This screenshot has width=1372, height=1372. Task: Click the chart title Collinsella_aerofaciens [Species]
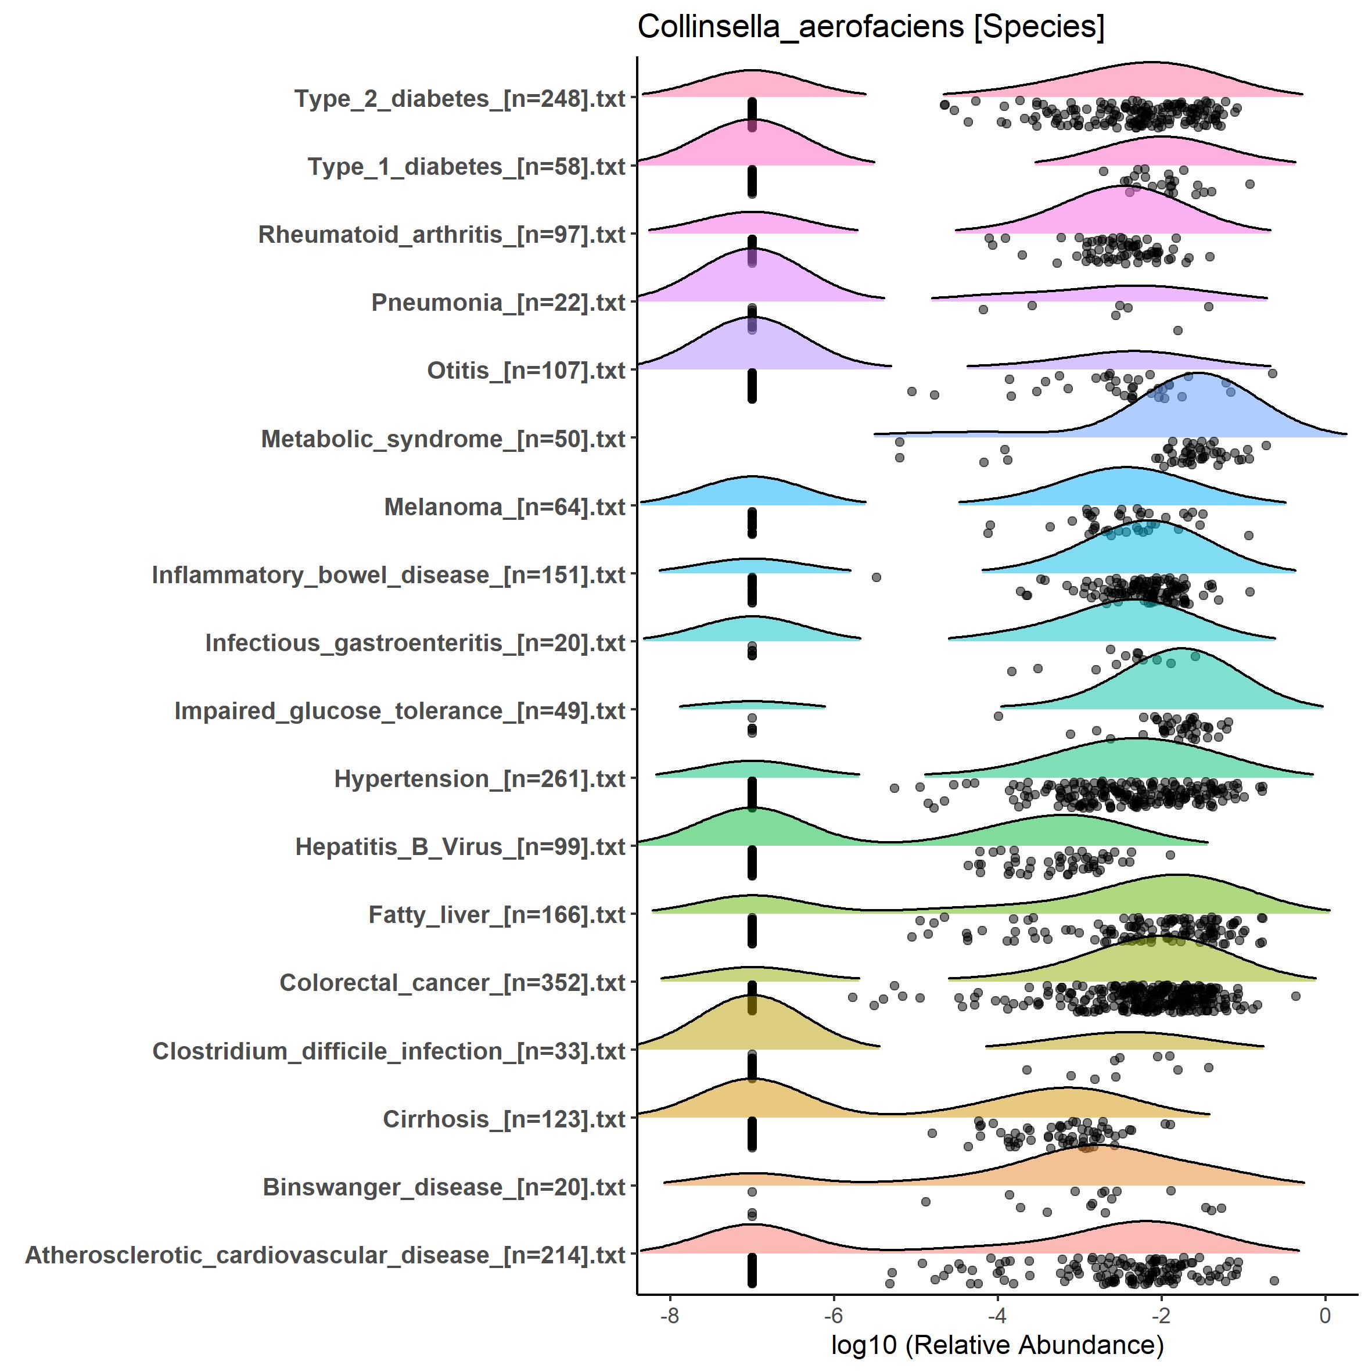pyautogui.click(x=871, y=27)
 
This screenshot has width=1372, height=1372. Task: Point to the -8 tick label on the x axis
pyautogui.click(x=670, y=1315)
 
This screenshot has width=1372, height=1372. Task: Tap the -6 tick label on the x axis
pyautogui.click(x=833, y=1315)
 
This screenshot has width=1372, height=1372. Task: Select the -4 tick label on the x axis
pyautogui.click(x=997, y=1315)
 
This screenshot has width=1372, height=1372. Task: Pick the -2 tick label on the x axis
pyautogui.click(x=1161, y=1315)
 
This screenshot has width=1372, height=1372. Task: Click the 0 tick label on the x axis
pyautogui.click(x=1324, y=1315)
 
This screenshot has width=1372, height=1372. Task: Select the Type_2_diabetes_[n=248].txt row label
pyautogui.click(x=459, y=98)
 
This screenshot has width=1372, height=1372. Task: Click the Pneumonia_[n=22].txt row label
pyautogui.click(x=498, y=303)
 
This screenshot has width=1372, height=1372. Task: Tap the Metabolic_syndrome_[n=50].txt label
pyautogui.click(x=443, y=439)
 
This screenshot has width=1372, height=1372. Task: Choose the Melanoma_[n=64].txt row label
pyautogui.click(x=504, y=507)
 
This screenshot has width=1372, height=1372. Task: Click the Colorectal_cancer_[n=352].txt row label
pyautogui.click(x=452, y=983)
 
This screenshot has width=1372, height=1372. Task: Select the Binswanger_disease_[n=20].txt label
pyautogui.click(x=444, y=1187)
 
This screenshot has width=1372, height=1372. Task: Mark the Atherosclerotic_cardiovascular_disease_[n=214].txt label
pyautogui.click(x=325, y=1255)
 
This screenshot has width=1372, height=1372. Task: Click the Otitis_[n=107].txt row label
pyautogui.click(x=526, y=371)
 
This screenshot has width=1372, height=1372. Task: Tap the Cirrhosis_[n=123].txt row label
pyautogui.click(x=504, y=1119)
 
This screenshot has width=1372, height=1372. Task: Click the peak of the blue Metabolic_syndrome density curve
pyautogui.click(x=1198, y=373)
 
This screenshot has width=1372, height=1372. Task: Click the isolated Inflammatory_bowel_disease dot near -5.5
pyautogui.click(x=877, y=577)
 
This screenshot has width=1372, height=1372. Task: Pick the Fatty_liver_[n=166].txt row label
pyautogui.click(x=497, y=915)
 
